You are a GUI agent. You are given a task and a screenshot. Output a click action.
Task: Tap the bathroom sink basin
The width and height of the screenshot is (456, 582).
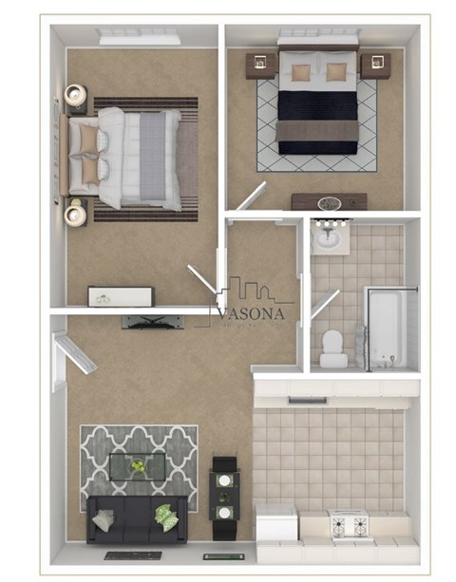pos(330,236)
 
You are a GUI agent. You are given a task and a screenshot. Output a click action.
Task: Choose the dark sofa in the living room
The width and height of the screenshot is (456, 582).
pos(133,518)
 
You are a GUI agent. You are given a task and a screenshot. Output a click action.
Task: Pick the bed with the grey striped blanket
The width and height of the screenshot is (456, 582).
pos(128,158)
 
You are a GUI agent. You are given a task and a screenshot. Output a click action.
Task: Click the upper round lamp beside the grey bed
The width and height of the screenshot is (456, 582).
pos(75,95)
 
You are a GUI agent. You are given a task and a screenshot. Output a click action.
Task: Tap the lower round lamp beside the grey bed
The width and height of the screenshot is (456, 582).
pos(74,215)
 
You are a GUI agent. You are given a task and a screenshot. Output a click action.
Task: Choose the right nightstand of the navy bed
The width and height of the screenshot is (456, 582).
pos(375,66)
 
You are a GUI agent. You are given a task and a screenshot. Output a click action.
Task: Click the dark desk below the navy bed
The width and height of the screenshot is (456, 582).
pos(329,202)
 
